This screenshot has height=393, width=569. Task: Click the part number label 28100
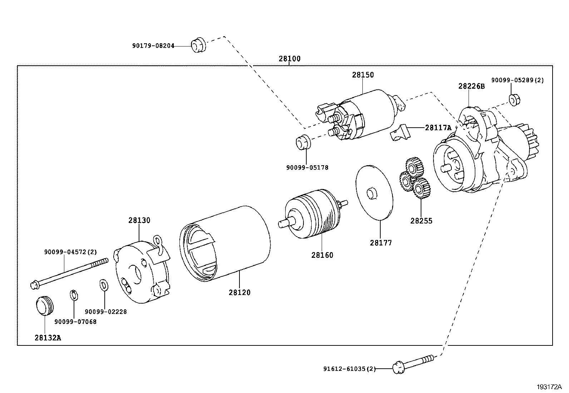coord(290,59)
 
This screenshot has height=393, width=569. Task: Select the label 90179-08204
coord(153,46)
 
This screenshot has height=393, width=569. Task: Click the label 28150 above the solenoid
coord(363,75)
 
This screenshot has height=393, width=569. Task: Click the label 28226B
coord(471,86)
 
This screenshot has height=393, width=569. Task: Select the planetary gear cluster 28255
coord(415,179)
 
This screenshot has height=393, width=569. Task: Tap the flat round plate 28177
coord(374,192)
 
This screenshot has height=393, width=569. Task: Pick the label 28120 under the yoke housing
coord(239,292)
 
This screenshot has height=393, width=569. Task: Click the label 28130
coord(139,220)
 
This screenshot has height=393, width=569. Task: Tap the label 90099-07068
coord(75,321)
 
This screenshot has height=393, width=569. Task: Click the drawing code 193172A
coord(549,387)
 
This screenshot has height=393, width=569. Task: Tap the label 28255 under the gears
coord(421,221)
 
